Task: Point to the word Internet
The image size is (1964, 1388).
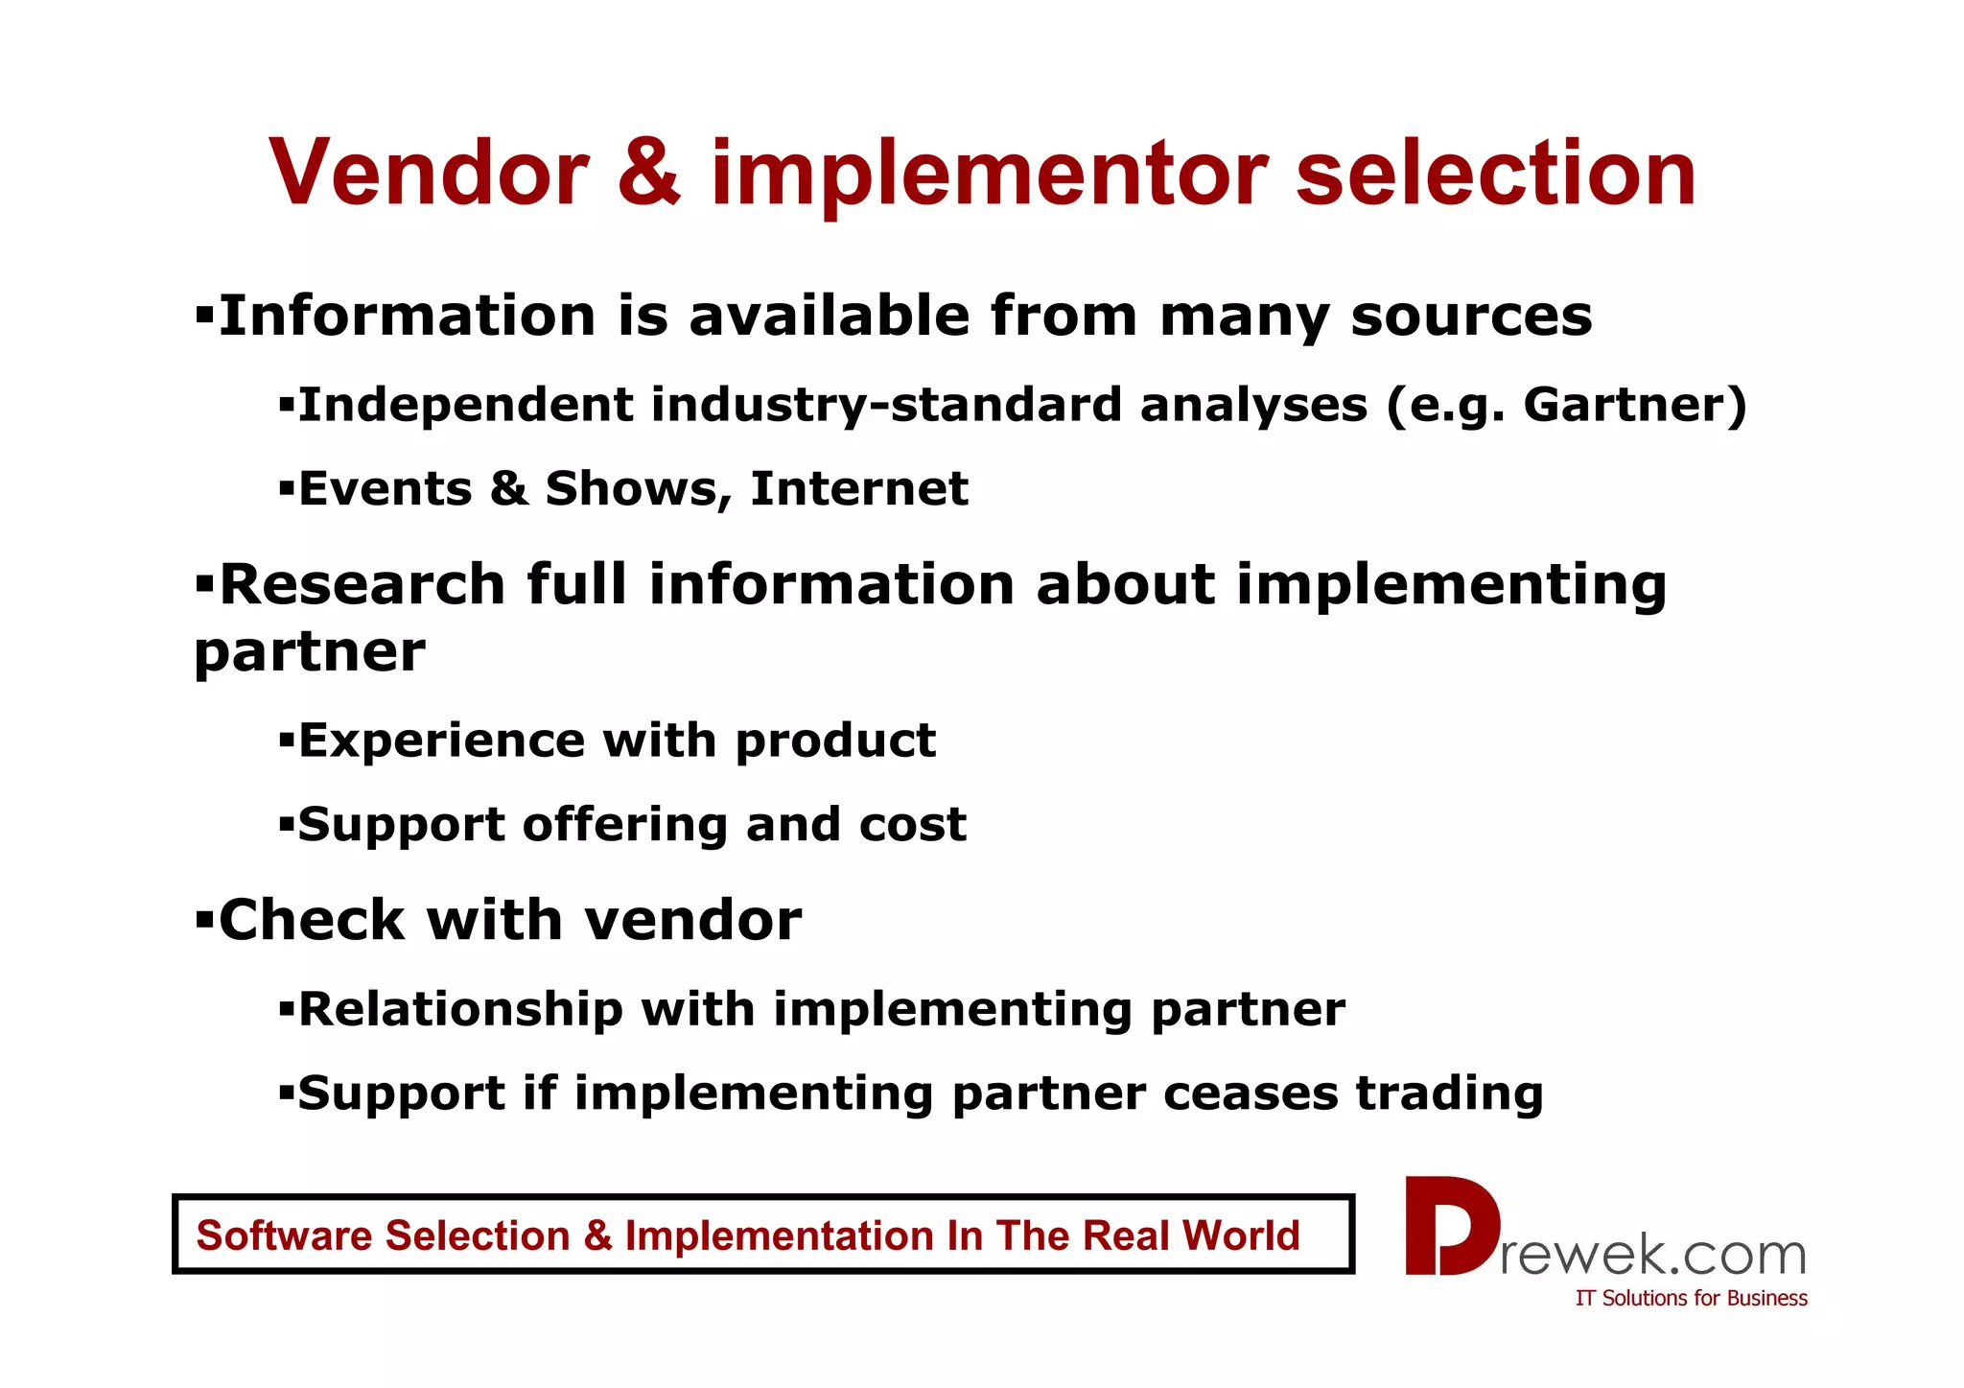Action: [859, 489]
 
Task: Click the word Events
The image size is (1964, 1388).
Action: [386, 489]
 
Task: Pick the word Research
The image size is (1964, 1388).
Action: [362, 584]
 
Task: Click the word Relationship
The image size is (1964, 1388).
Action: [460, 1009]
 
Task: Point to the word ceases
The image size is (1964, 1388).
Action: [1250, 1094]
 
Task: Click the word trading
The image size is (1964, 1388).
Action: [1449, 1094]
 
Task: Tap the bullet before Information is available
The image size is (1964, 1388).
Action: [204, 315]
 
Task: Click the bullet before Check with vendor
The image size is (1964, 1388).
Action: [204, 920]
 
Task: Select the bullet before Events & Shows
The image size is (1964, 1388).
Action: [286, 489]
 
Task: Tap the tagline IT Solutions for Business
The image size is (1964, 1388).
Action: [1691, 1299]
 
